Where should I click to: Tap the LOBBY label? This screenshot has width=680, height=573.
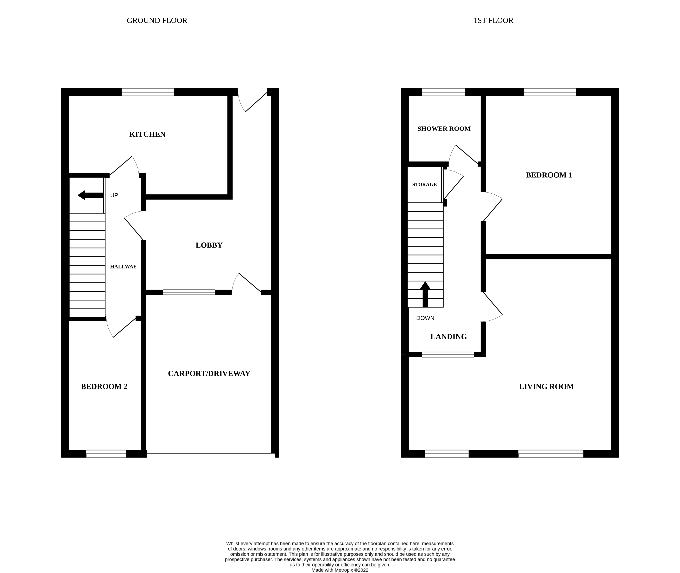[209, 245]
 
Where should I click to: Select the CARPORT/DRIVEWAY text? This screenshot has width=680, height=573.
[209, 374]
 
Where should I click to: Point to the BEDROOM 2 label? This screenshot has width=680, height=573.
[104, 387]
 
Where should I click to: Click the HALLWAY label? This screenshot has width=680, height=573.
[123, 267]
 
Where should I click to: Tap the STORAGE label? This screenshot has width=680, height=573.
[424, 185]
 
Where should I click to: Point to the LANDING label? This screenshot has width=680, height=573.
[448, 337]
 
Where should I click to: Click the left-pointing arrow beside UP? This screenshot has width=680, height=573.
[90, 195]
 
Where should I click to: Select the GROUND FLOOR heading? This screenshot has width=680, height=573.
[157, 21]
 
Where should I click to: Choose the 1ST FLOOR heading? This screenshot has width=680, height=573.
[493, 21]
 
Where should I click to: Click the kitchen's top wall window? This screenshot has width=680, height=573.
[148, 92]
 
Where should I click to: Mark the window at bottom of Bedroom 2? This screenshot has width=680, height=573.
[106, 454]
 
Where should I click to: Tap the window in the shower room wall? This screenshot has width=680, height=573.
[443, 92]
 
